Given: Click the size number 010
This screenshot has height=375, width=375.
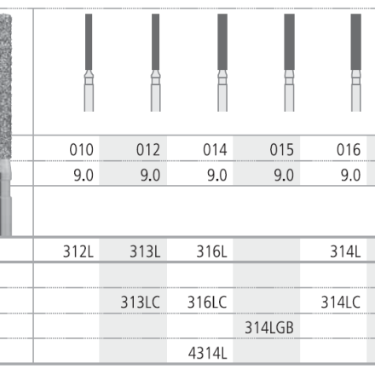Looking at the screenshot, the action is pyautogui.click(x=81, y=150).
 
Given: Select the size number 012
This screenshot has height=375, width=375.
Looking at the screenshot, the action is pyautogui.click(x=148, y=150).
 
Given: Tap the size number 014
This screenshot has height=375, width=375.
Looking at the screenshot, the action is pyautogui.click(x=215, y=150).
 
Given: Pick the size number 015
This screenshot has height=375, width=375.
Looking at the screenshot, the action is pyautogui.click(x=281, y=150).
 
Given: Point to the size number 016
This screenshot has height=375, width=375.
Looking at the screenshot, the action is pyautogui.click(x=349, y=150).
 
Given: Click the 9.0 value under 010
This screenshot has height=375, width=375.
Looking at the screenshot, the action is pyautogui.click(x=84, y=175).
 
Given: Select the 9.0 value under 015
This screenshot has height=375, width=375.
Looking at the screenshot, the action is pyautogui.click(x=284, y=175).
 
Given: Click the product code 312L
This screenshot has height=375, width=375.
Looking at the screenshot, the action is pyautogui.click(x=78, y=251).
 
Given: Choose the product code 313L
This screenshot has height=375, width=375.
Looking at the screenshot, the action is pyautogui.click(x=145, y=251).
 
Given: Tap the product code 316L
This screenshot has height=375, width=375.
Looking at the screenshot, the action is pyautogui.click(x=211, y=251).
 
